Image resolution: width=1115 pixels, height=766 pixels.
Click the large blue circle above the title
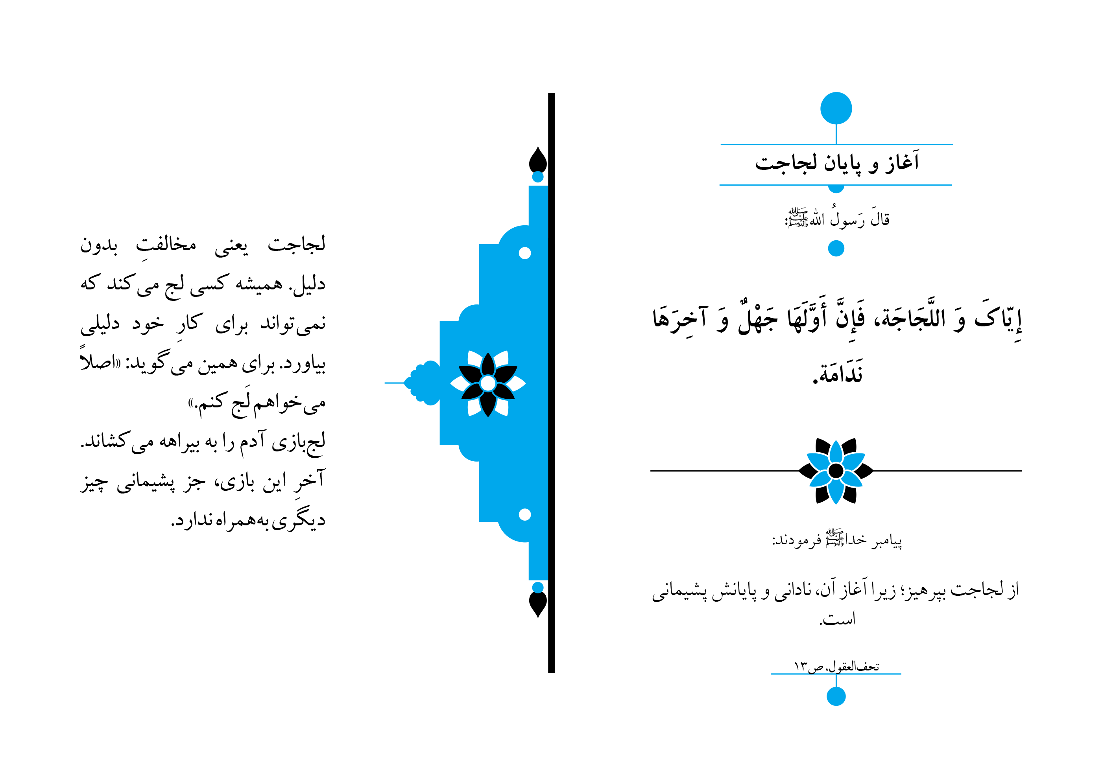836,108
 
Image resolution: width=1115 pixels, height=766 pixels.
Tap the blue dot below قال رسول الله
836,248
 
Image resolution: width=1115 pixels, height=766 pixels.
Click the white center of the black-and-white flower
487,383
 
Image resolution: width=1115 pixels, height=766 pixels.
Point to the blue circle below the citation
836,696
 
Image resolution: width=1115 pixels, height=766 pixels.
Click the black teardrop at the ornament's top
537,159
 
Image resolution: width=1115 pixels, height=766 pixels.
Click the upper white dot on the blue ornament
524,253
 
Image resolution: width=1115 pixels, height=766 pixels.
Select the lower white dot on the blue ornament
524,514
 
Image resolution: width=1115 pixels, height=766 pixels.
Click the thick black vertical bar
551,383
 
